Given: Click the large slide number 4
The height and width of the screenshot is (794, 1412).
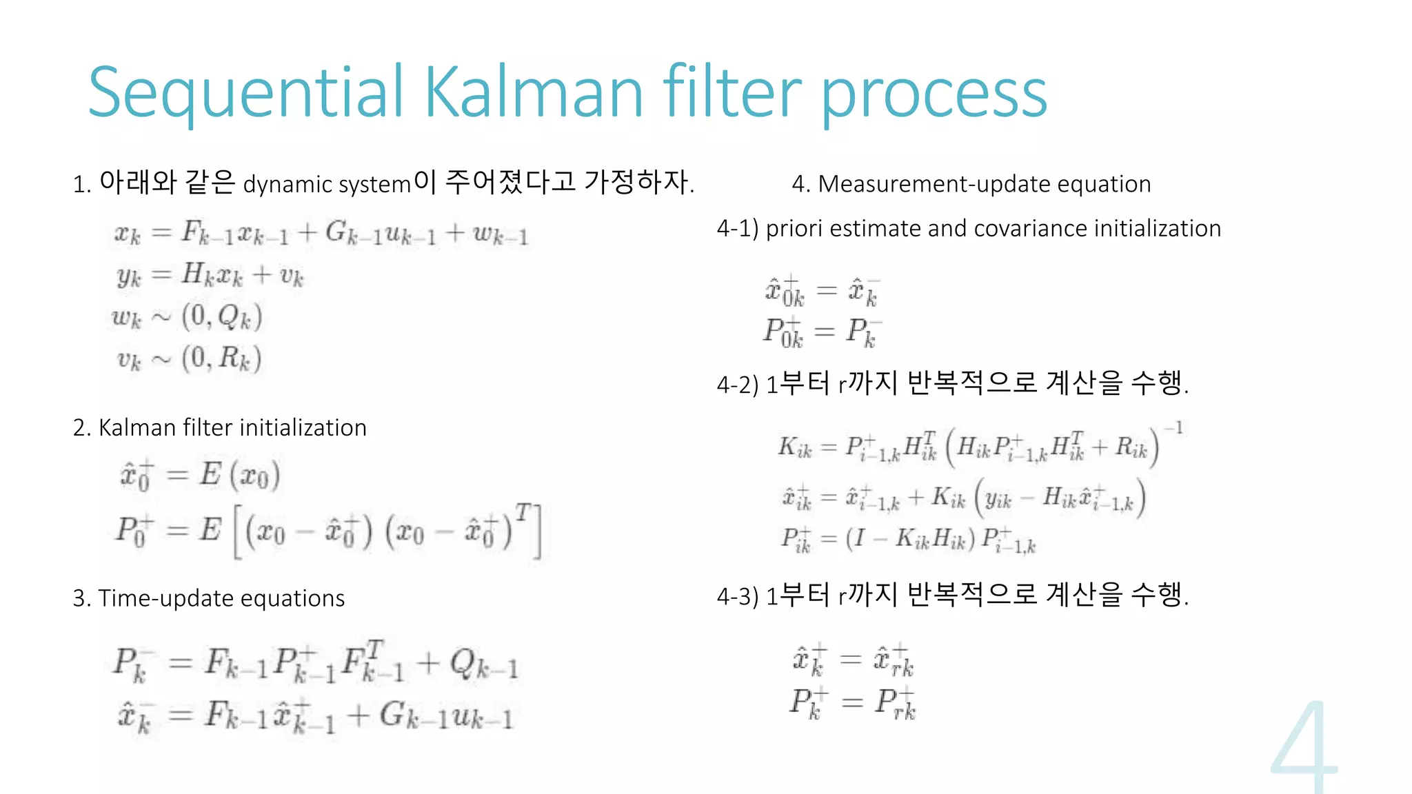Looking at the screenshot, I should pos(1304,748).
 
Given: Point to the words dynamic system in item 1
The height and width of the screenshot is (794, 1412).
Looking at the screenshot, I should pos(327,185).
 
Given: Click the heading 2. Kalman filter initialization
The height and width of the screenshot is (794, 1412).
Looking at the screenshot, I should pos(219,428).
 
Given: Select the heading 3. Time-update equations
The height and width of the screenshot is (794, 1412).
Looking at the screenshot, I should pos(208,598).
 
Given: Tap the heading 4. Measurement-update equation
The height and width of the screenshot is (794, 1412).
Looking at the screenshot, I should pos(971,184).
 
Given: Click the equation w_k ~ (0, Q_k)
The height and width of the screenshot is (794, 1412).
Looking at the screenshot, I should pos(187,317).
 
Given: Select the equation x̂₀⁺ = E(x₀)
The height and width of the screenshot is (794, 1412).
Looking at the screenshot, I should pos(200,476).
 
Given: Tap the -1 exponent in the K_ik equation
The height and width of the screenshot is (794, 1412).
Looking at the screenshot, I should pos(1175,429).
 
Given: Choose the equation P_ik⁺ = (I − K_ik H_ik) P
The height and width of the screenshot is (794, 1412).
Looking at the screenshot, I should pos(908,540).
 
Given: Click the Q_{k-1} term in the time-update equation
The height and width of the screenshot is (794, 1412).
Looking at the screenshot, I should pos(483,664).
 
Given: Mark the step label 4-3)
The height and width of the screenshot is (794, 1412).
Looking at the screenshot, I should pos(738,596).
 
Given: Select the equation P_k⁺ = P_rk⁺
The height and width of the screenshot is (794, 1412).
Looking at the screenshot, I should pos(853,703).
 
